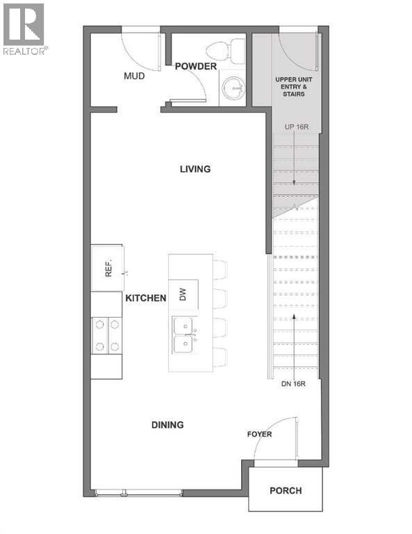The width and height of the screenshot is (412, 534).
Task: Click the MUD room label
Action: coord(134,76)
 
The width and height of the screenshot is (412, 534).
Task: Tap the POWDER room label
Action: coord(195,66)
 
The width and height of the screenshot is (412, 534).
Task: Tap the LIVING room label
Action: coord(195,169)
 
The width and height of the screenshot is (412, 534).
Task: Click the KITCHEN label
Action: coord(146,298)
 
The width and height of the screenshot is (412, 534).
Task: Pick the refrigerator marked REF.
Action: coord(108,268)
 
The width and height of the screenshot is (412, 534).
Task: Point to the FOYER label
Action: coord(259,435)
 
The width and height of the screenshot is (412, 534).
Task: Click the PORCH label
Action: coord(286,490)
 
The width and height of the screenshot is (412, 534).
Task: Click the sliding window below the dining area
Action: coord(138,494)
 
